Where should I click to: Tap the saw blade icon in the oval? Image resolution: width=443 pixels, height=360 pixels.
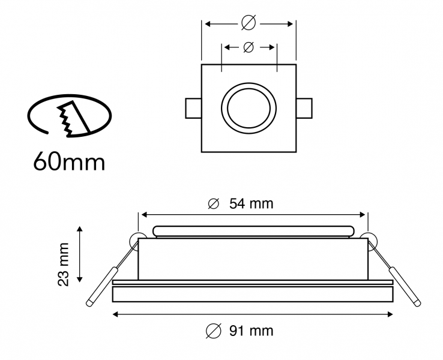71,119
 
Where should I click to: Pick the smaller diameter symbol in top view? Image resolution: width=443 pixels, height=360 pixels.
249,47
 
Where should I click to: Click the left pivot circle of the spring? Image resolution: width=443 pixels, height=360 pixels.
137,239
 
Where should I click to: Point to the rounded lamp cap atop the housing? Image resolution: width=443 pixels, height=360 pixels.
252,232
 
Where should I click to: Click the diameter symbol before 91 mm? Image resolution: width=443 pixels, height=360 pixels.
212,330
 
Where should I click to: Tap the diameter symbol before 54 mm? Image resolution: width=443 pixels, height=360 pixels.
213,204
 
